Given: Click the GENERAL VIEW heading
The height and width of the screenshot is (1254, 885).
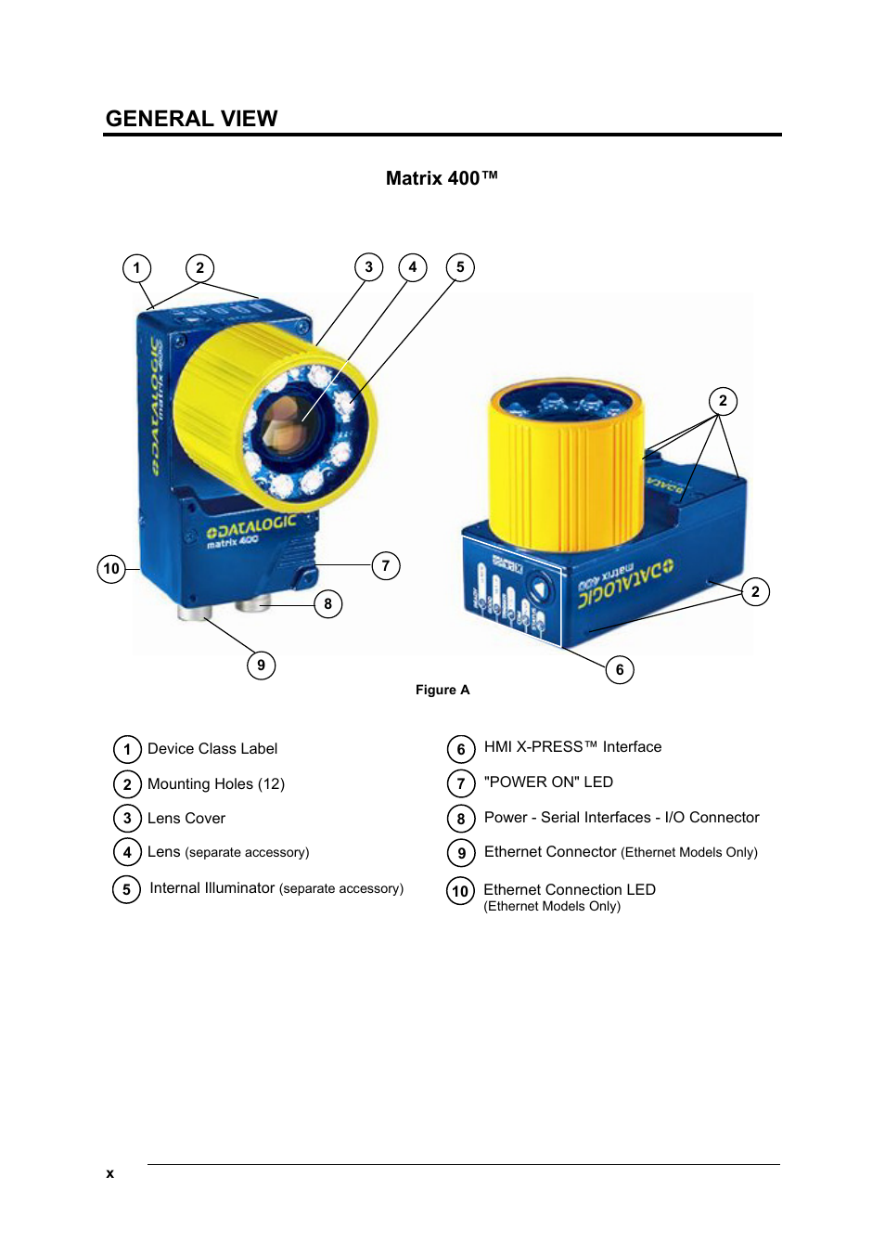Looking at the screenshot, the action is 191,119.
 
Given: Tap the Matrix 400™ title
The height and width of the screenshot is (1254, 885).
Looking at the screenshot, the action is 442,178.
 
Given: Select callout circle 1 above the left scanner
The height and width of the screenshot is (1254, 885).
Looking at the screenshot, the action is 136,268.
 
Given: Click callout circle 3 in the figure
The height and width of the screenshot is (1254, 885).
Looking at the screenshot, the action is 368,267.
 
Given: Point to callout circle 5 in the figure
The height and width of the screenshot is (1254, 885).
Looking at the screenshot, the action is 460,267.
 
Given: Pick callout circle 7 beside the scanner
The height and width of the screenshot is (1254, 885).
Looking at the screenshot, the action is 386,565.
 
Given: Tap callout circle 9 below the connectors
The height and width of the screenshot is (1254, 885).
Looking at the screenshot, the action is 261,665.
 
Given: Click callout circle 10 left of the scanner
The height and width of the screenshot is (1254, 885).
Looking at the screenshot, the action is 111,568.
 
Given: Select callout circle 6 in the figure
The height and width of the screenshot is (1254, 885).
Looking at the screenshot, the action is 620,669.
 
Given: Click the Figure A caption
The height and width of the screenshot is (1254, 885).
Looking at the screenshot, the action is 442,690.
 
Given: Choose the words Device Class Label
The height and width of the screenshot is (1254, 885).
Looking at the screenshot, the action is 212,749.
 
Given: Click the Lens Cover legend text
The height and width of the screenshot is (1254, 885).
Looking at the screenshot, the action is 186,819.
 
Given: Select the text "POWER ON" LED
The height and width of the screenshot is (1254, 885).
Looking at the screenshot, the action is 548,782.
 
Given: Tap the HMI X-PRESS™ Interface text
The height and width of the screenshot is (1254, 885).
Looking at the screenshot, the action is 572,747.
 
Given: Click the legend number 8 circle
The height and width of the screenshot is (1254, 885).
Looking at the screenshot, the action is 461,819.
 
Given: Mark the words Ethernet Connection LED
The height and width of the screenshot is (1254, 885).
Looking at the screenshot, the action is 569,890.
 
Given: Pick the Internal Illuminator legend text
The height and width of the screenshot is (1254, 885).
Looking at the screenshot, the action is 212,888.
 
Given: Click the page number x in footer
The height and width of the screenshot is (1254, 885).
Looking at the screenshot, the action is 109,1173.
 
